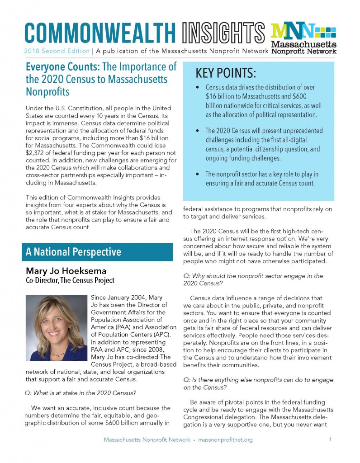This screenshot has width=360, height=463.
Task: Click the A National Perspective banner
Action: (x=71, y=252)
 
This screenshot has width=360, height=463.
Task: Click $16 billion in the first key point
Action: (x=223, y=96)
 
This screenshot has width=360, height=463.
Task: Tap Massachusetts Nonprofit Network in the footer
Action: (x=147, y=439)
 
